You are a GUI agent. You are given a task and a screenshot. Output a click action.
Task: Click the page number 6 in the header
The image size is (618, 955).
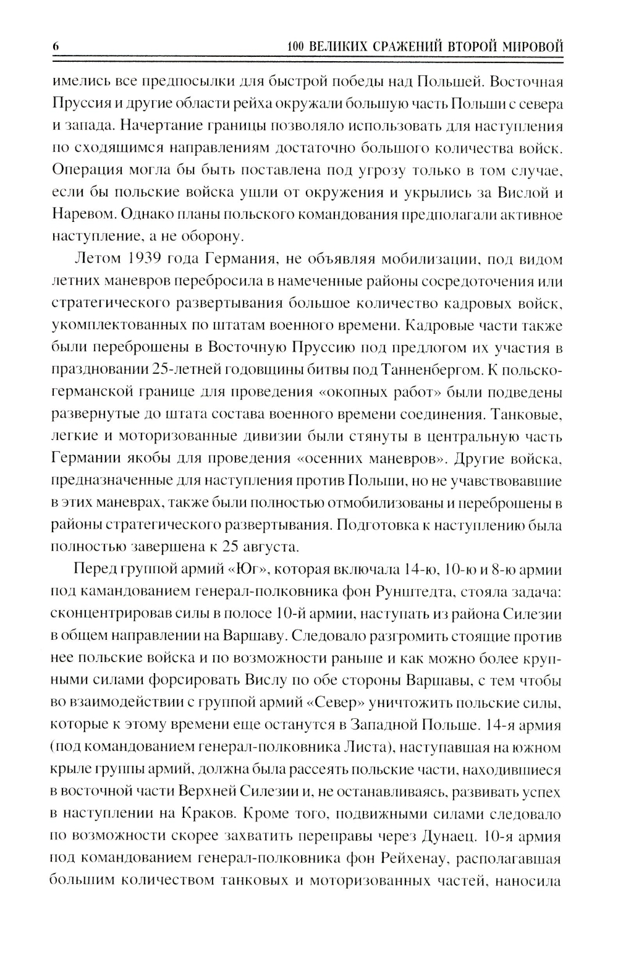(x=56, y=46)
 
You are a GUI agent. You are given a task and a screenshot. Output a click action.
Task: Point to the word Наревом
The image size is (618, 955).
(x=83, y=214)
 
